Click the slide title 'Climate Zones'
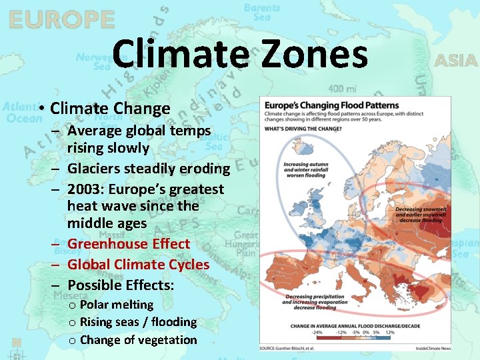click(x=240, y=55)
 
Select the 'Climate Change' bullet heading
click(x=110, y=108)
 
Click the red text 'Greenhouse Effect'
click(x=129, y=244)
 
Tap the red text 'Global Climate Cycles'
click(x=138, y=265)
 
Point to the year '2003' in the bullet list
click(x=85, y=190)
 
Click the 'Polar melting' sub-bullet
click(x=116, y=305)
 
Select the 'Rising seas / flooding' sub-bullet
click(x=138, y=322)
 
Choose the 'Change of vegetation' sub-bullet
click(x=138, y=340)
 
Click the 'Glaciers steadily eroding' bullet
click(x=148, y=169)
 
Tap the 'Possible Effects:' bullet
click(x=121, y=285)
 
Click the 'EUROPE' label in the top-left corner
click(x=61, y=20)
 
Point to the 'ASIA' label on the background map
click(x=456, y=61)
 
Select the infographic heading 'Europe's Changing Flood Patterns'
click(x=331, y=105)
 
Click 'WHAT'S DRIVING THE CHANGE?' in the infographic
click(x=303, y=128)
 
